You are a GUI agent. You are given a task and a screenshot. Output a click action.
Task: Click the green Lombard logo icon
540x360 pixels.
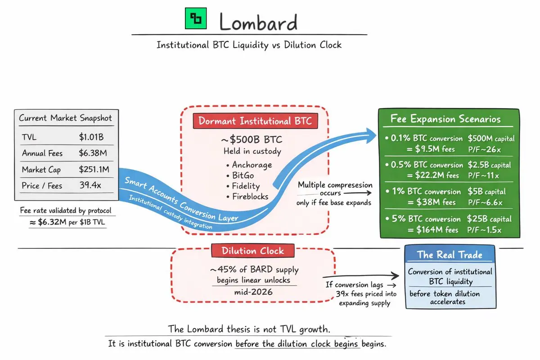[x=196, y=18]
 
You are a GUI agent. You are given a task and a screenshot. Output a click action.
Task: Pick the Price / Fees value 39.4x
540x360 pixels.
[x=90, y=185]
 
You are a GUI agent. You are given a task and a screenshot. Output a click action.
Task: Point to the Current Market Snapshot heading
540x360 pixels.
[x=66, y=118]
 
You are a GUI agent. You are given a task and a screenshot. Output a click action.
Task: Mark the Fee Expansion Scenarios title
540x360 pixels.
[x=445, y=119]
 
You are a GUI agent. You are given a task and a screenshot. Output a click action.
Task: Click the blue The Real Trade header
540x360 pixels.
[x=450, y=255]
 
